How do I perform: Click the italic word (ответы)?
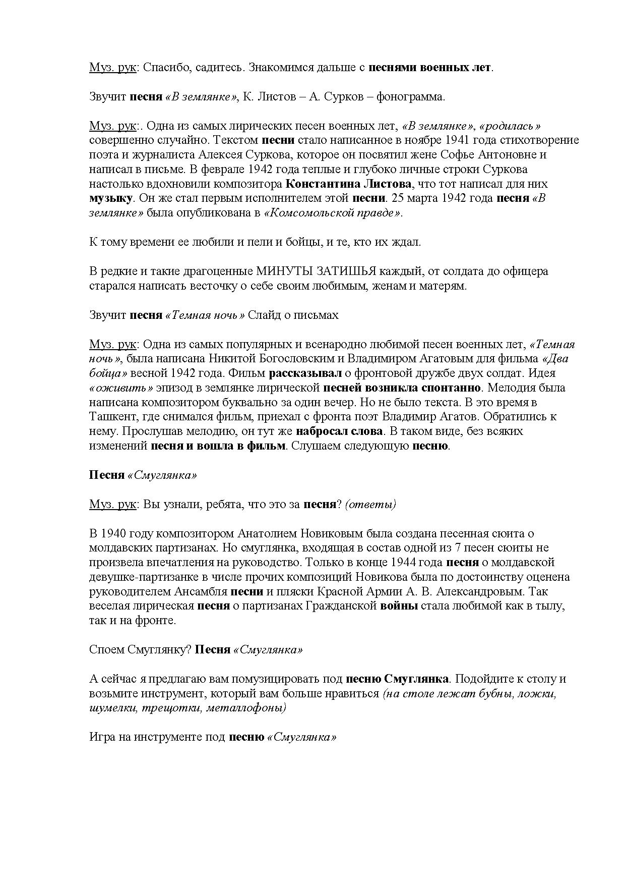click(x=370, y=505)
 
